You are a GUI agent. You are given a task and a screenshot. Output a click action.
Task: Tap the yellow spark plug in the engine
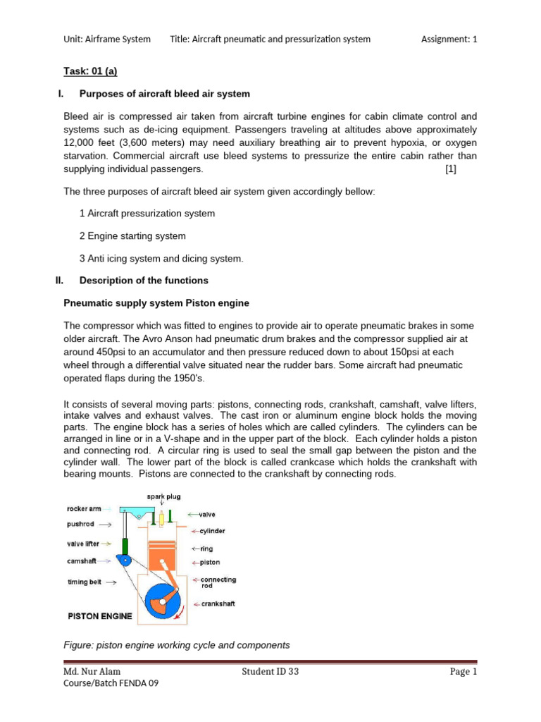coord(161,519)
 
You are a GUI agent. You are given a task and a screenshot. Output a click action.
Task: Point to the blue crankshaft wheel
coord(164,598)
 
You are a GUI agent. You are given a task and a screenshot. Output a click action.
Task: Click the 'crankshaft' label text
coord(218,604)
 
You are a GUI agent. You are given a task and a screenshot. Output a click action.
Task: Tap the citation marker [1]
coord(451,169)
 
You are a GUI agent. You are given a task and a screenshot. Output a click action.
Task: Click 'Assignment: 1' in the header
coord(449,39)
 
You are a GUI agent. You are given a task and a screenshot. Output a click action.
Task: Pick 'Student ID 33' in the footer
coord(270,672)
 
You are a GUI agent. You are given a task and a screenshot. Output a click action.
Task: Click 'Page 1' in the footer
coord(464,672)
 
